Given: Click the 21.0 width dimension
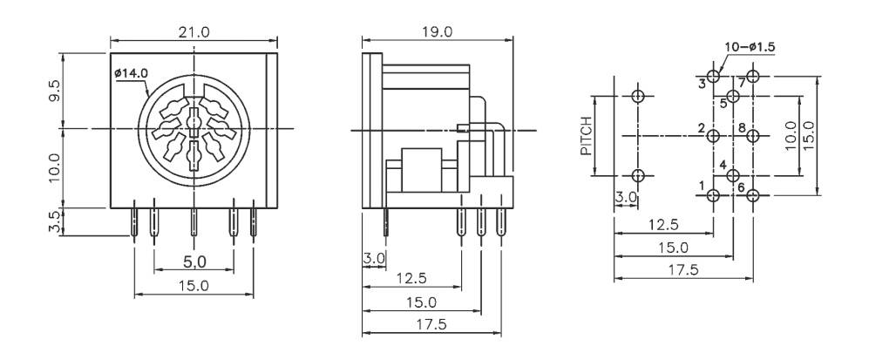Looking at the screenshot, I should pyautogui.click(x=194, y=32).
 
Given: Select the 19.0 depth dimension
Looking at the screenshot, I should pyautogui.click(x=436, y=32).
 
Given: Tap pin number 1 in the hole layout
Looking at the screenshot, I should pyautogui.click(x=702, y=185).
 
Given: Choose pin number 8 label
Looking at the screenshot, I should pyautogui.click(x=742, y=129).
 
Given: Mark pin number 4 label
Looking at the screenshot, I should pyautogui.click(x=723, y=165).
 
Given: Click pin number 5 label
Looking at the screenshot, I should pyautogui.click(x=723, y=104).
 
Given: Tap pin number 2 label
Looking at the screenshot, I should pyautogui.click(x=701, y=129).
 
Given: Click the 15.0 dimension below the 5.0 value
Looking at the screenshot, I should pyautogui.click(x=193, y=285).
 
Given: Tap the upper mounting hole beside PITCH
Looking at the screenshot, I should pyautogui.click(x=638, y=97).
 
